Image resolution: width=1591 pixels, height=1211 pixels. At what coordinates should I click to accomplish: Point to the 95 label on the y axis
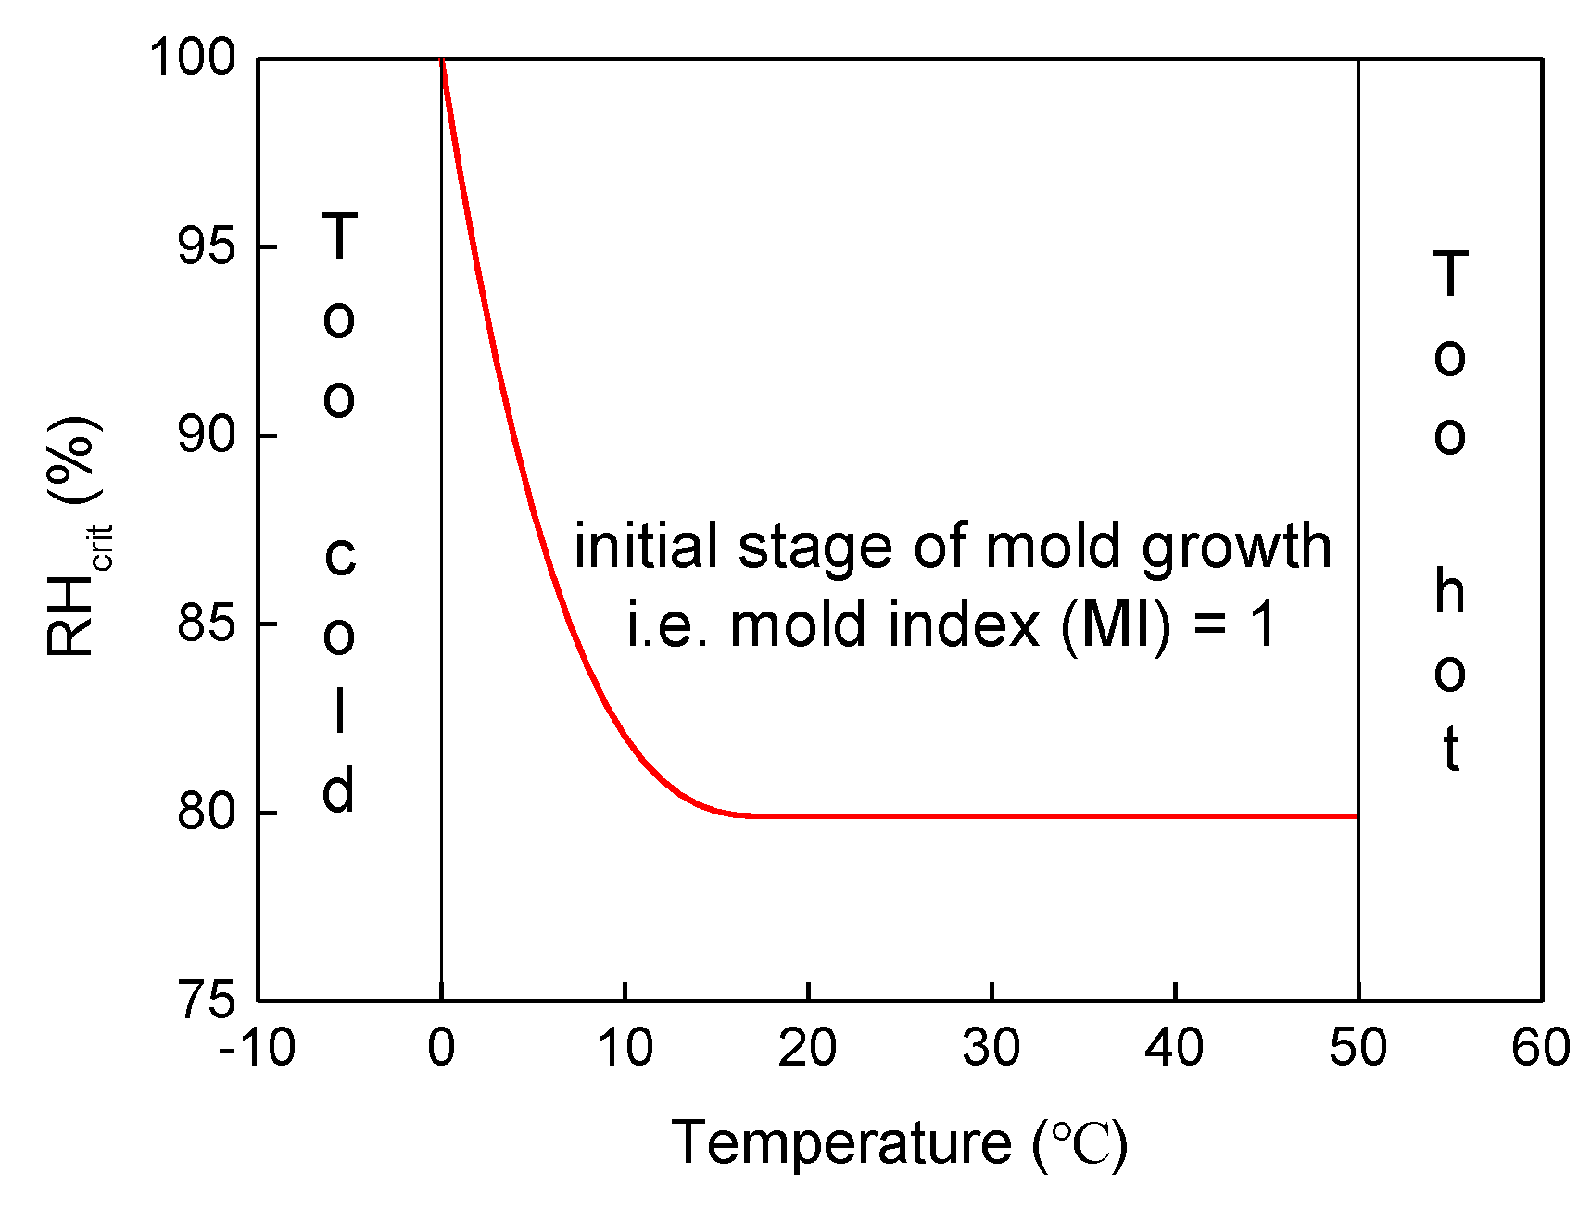[x=206, y=246]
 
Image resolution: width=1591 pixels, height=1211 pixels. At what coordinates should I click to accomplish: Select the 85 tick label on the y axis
[x=206, y=624]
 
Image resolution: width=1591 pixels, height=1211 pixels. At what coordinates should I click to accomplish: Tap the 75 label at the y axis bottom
[x=206, y=1001]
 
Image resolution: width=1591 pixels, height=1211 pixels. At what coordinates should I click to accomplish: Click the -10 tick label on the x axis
[x=257, y=1048]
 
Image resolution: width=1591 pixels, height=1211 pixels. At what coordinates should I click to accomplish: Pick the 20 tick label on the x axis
[x=808, y=1048]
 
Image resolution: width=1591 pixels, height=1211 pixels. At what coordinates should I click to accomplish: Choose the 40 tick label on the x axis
[x=1175, y=1048]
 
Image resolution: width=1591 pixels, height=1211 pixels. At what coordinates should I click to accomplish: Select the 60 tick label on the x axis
[x=1540, y=1048]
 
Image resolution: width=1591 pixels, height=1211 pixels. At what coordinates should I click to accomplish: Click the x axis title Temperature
[x=841, y=1142]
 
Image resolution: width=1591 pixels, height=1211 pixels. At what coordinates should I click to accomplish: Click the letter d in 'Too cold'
[x=339, y=790]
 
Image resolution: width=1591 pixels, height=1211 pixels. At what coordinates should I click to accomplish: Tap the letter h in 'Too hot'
[x=1450, y=592]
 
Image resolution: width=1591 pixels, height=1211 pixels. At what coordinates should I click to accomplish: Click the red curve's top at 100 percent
[x=443, y=61]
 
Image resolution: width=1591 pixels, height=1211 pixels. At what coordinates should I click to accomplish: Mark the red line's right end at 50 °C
[x=1355, y=816]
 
